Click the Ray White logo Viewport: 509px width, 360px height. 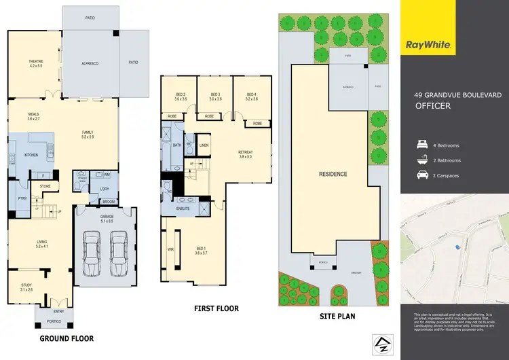point(430,46)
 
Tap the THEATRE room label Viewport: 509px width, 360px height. point(36,61)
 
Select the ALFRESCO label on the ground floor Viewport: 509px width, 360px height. point(90,63)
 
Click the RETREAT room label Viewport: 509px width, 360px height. point(245,154)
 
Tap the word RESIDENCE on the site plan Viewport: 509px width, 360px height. point(333,174)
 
